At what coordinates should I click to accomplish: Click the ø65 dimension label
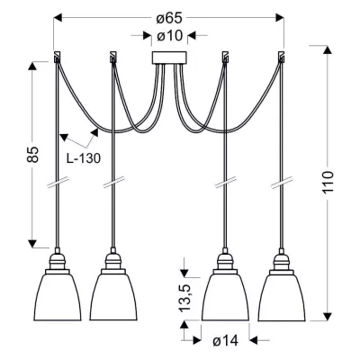coord(169,18)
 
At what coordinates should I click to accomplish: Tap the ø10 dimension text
coord(170,36)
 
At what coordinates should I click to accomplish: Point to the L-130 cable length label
coord(84,158)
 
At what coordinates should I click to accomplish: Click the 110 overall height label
coord(328,183)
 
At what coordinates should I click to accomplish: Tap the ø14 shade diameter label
coord(225,341)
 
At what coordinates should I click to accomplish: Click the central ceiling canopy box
coord(169,58)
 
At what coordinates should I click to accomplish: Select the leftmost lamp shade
coord(58,295)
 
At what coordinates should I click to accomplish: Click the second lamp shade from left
coord(113,295)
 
